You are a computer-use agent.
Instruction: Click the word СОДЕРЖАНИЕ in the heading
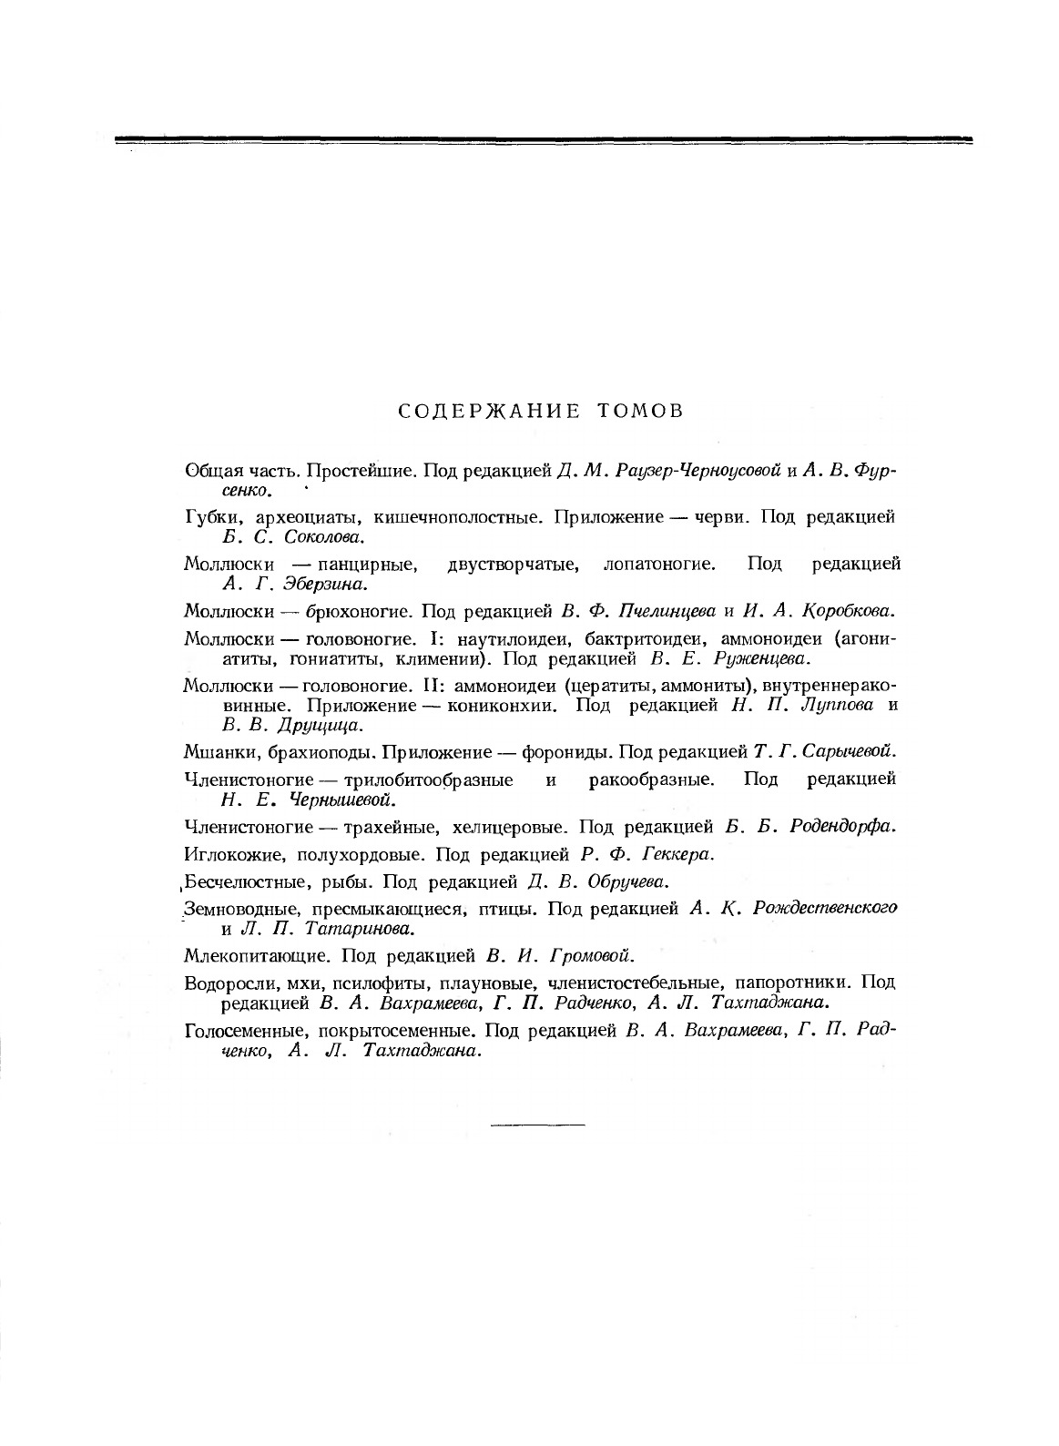click(489, 411)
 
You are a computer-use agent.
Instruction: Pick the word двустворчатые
click(514, 564)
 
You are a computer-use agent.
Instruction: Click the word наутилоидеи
click(497, 637)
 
